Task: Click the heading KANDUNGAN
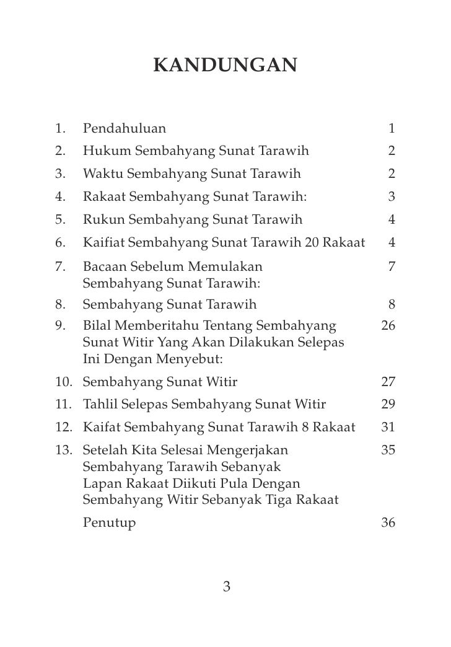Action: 225,64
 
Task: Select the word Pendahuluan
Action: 124,129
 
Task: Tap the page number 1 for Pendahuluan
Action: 392,129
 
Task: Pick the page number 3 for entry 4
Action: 392,197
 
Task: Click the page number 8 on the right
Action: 392,304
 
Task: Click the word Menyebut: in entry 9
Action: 191,359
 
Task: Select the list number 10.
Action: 62,382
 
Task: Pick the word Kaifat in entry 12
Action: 102,428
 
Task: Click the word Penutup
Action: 109,522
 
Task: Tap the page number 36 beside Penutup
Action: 388,522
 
